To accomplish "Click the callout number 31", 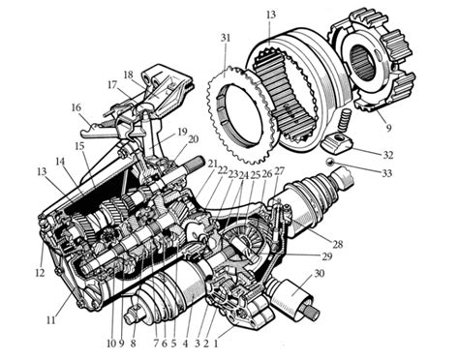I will click(x=226, y=38).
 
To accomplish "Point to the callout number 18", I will click(x=128, y=74).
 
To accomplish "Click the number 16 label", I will click(x=76, y=109).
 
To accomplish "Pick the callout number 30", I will click(x=319, y=274).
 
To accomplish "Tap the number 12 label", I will click(x=40, y=272).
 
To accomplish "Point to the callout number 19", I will click(x=180, y=131).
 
